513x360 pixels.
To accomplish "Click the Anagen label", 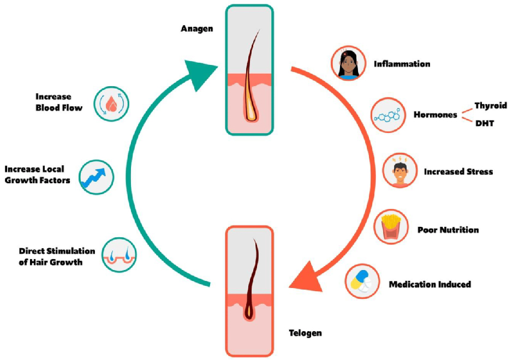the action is [197, 29].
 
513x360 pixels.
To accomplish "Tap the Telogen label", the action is [305, 333].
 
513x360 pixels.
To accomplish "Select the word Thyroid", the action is [491, 106].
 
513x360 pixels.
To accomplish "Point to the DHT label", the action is [485, 123].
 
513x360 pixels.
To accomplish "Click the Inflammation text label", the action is [402, 64].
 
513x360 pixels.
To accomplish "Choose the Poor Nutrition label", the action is [448, 230].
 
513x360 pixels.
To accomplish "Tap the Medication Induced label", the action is [430, 284].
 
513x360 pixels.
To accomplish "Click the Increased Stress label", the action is [458, 172].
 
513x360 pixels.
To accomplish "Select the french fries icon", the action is [391, 227].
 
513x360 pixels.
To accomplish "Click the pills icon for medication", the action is [362, 281].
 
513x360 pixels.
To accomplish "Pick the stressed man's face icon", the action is [400, 170].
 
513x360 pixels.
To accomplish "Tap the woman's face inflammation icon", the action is [348, 63].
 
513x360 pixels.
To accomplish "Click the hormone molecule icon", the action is [389, 115].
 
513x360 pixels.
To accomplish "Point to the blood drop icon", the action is [111, 104].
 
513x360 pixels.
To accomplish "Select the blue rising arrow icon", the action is [96, 177].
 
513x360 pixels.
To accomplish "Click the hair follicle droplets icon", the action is [119, 255].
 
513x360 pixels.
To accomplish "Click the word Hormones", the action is [435, 115].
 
